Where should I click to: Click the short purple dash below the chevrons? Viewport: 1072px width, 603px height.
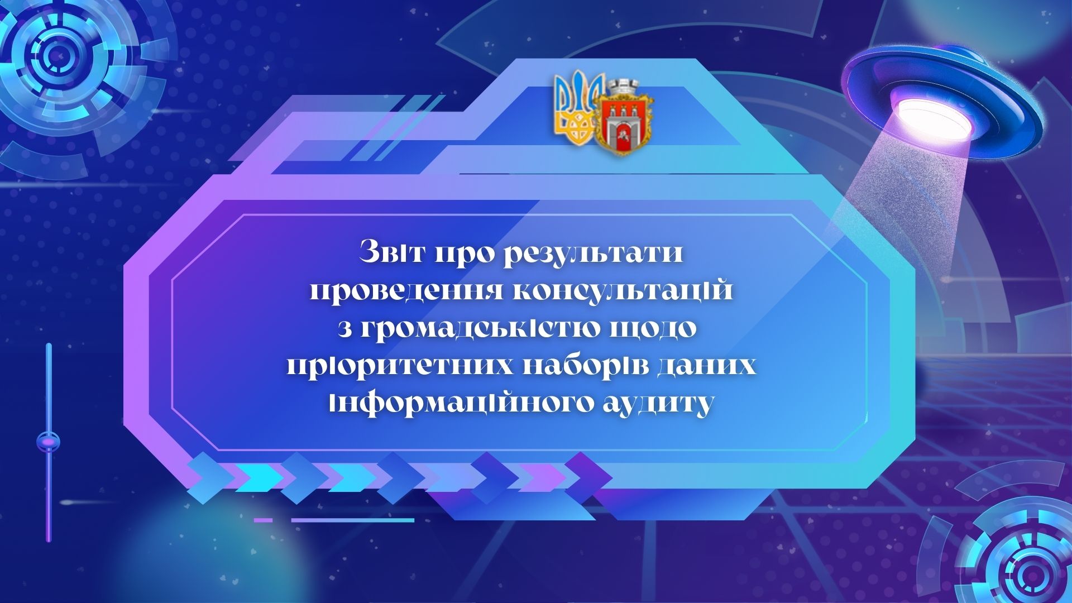[x=263, y=520]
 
